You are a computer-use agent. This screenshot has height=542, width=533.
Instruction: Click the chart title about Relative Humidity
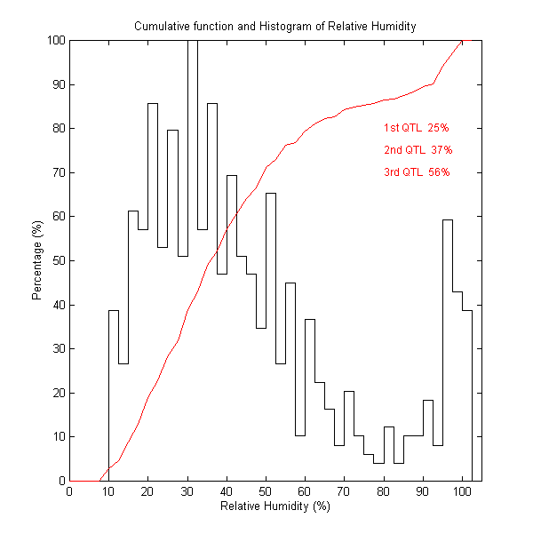click(274, 26)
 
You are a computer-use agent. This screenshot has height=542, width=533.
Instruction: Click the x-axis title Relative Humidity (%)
click(274, 506)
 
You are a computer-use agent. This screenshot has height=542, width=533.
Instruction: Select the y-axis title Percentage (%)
click(37, 260)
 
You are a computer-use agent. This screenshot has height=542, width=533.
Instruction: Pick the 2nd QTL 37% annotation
click(417, 150)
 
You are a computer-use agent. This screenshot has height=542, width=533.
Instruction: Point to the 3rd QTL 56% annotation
click(417, 172)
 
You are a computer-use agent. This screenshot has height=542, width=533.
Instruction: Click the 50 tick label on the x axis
click(266, 491)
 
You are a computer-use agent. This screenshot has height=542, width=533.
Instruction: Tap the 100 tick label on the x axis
click(462, 491)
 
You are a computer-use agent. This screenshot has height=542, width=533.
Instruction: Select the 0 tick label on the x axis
click(69, 491)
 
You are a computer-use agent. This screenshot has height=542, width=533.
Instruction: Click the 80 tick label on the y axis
click(56, 128)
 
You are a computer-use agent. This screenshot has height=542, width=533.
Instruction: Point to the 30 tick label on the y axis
click(56, 348)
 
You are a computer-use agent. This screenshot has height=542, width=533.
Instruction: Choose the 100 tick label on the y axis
click(53, 41)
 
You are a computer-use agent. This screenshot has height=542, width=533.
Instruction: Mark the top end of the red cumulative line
click(462, 41)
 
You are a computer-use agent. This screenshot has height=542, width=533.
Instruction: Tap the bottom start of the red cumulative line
click(99, 480)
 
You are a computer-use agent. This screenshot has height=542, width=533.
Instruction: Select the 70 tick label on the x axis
click(344, 491)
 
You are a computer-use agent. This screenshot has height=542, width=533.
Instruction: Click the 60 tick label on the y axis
click(56, 216)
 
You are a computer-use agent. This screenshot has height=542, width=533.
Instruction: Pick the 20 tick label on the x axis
click(147, 491)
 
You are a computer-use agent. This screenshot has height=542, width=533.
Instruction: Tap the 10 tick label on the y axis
click(56, 436)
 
